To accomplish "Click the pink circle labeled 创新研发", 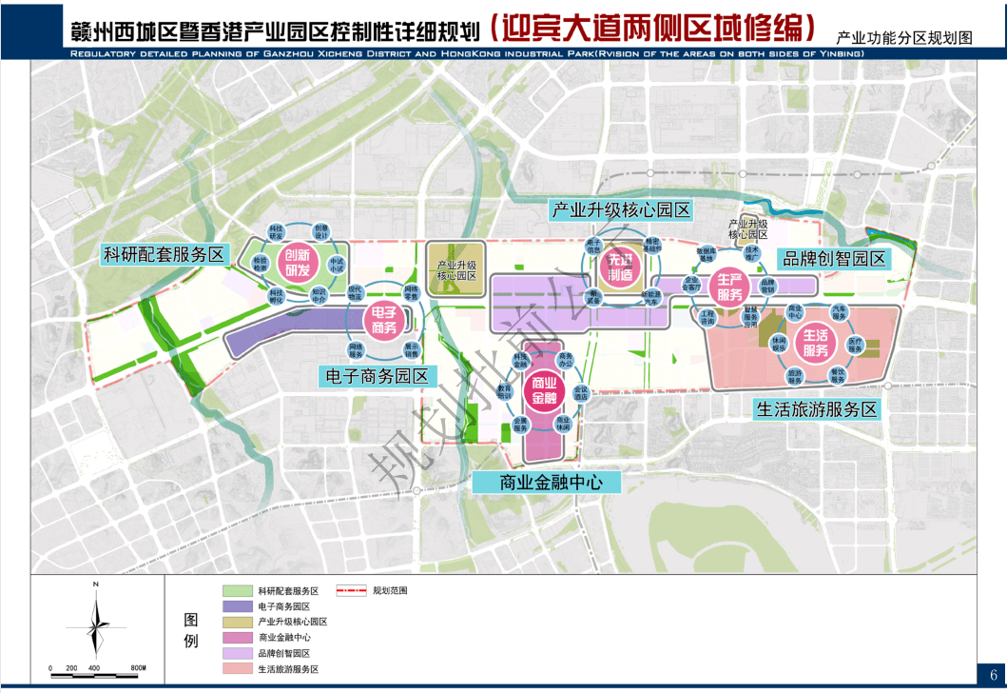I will pos(297,262).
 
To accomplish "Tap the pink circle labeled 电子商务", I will pos(383,320).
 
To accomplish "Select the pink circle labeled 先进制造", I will pos(620,268).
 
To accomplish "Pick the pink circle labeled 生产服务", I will pos(729,287).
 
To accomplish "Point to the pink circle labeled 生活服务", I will pos(816,343).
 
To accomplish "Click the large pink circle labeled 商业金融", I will pos(546,389).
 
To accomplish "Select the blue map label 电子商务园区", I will pos(377,375).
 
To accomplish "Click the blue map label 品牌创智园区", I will pos(833,258).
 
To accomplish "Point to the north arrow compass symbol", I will pos(96,622).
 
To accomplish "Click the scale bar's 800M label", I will pos(137,667).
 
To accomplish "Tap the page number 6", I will pos(993,672).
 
